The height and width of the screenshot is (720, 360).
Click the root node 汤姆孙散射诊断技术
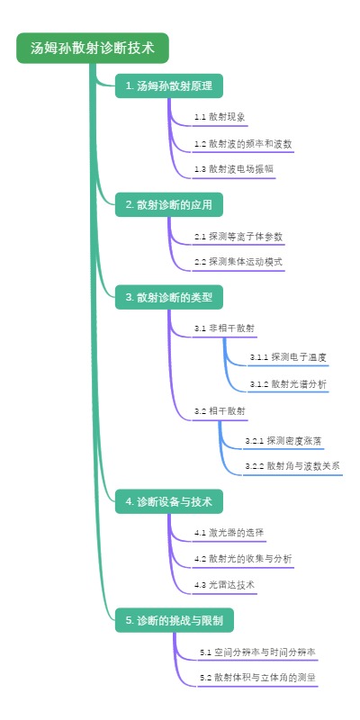(92, 48)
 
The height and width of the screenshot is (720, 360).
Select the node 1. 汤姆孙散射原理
(168, 86)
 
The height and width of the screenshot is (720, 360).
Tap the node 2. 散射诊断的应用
(168, 204)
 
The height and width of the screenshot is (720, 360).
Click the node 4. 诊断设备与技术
(168, 501)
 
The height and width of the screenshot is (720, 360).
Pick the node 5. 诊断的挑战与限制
(174, 619)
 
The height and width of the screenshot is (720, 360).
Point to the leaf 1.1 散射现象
(220, 117)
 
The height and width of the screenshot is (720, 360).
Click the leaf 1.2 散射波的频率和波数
(242, 143)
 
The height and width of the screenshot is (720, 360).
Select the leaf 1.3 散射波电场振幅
(233, 169)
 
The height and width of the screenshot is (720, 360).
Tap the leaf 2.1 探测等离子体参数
(238, 236)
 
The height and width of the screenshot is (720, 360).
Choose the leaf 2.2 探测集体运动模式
(238, 262)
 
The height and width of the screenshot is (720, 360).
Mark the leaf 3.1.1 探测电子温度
(288, 357)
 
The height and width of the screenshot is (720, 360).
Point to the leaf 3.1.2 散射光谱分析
(288, 384)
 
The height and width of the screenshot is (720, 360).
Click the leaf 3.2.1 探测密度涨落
(283, 440)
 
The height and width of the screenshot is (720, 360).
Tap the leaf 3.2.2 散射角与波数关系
(292, 466)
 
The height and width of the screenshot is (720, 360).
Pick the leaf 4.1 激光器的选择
(229, 533)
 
